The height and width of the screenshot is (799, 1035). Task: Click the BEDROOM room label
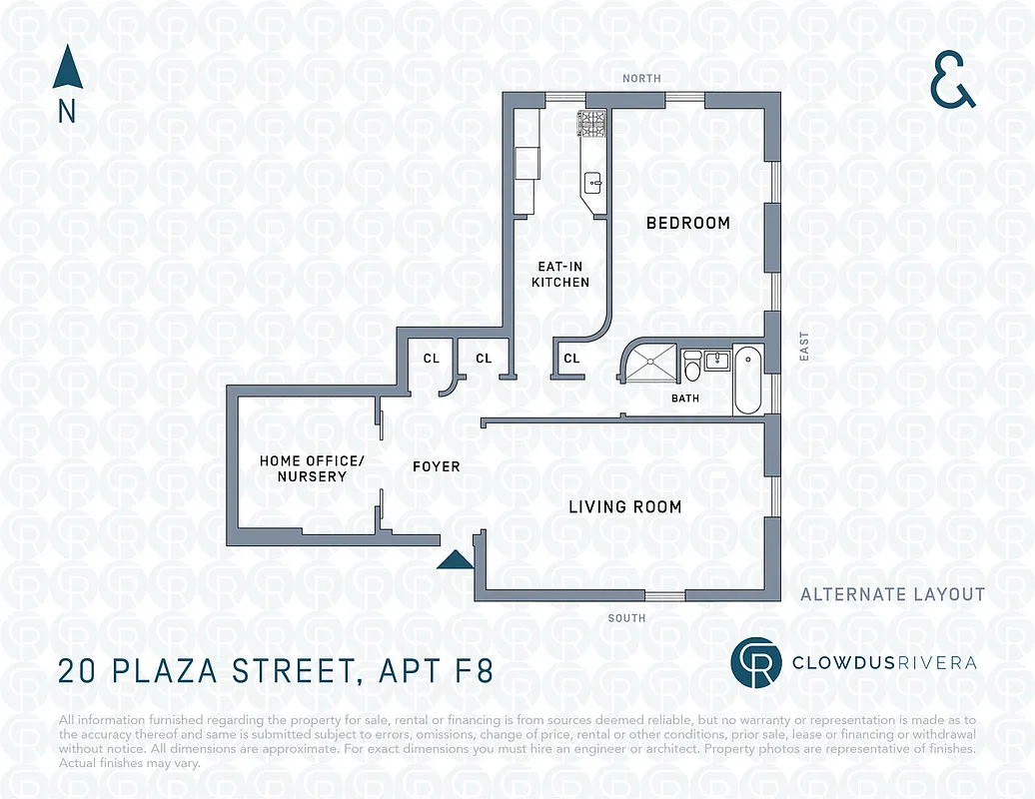687,223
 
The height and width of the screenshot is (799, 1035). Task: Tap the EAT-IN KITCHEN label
559,275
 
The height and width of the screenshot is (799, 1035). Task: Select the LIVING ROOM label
624,507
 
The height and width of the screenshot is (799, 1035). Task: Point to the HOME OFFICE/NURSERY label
312,468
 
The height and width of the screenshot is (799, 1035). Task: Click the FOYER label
437,466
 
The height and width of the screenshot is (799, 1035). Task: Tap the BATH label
685,399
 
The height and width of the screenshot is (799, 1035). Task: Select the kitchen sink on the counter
592,182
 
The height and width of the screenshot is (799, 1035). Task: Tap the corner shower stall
647,362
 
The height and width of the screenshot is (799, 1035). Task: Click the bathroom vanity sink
715,360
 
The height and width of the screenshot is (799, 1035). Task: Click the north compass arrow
66,70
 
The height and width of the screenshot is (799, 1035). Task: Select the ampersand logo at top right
952,81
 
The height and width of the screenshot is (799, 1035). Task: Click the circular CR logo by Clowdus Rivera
753,663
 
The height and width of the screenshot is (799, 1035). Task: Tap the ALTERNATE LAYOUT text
892,594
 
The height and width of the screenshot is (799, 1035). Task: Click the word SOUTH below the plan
626,618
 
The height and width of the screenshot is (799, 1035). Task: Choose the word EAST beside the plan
804,347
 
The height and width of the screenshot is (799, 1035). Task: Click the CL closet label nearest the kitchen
571,359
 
